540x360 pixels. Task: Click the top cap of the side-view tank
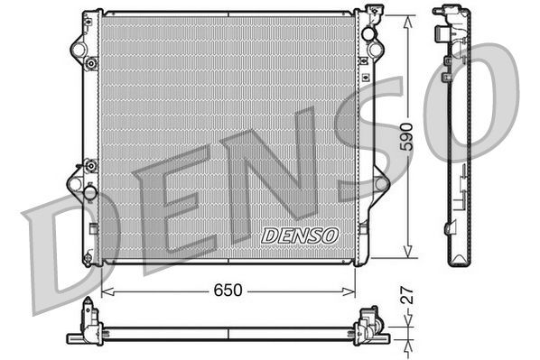(446, 13)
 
